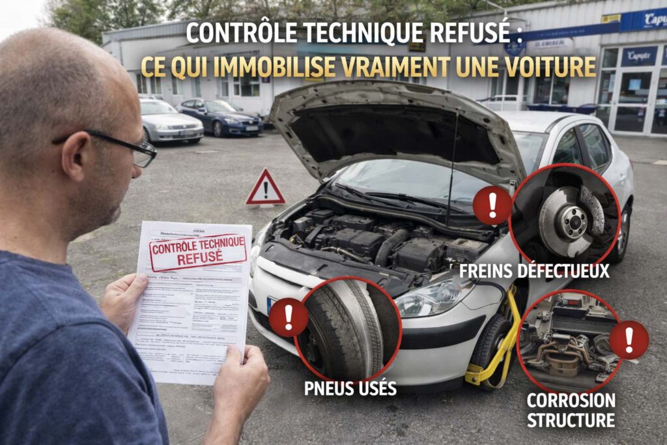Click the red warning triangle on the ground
point(265,189)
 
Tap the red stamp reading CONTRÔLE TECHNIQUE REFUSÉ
point(197,251)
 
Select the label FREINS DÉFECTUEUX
point(534,271)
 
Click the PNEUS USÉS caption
point(350,389)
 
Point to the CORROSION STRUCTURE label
point(571,410)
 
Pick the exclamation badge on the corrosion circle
point(629,339)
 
